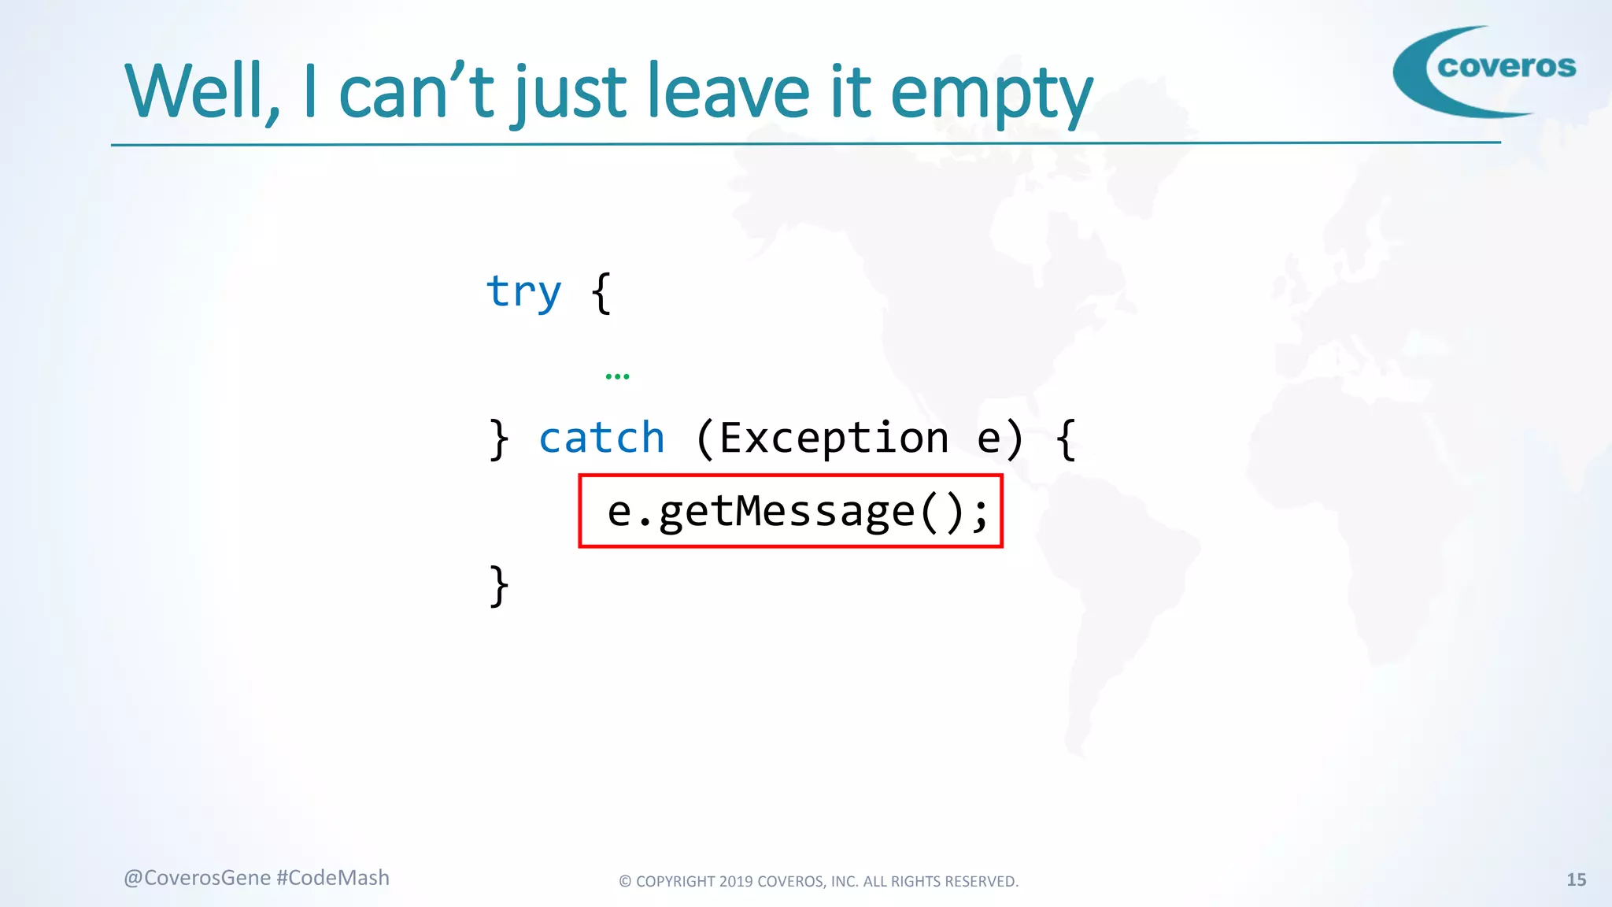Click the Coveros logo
point(1484,71)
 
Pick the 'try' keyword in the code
point(523,293)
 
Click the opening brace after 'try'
point(601,293)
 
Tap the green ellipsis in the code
point(617,376)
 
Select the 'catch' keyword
point(601,438)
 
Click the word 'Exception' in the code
point(834,438)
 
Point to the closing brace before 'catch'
point(498,439)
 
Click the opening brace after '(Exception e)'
point(1066,439)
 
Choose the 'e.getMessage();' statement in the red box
point(790,512)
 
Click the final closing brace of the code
point(498,586)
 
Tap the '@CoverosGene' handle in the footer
point(197,878)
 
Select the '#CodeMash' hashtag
point(333,878)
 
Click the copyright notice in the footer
point(819,882)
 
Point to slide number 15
point(1576,880)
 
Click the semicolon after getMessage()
point(979,513)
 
